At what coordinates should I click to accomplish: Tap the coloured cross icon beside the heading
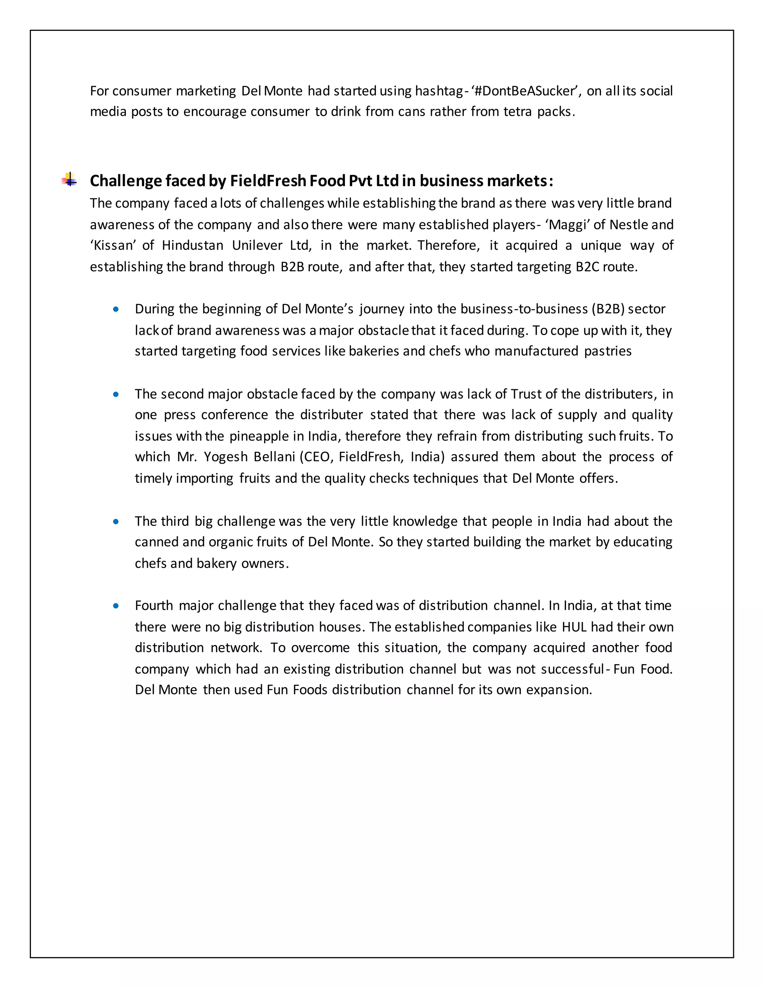69,180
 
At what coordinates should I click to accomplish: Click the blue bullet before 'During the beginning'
116,310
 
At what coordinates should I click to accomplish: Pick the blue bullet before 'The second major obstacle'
116,394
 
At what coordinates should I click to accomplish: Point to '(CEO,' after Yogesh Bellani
317,457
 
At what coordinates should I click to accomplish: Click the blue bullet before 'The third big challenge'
116,521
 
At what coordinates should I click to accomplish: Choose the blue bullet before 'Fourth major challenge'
116,606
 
